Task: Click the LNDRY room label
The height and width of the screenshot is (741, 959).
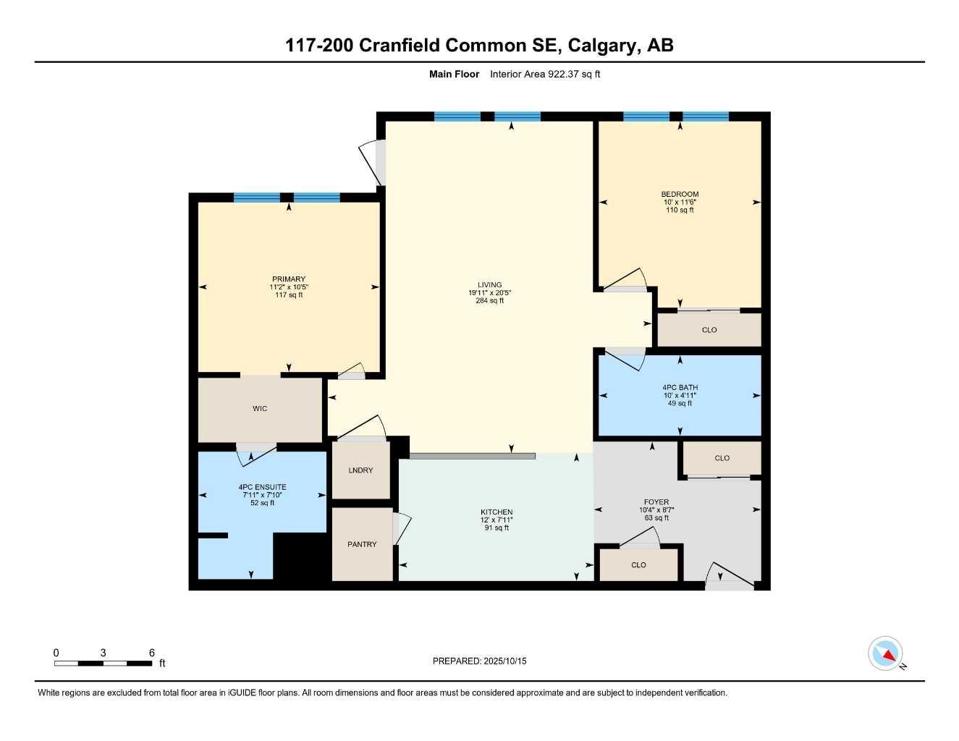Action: [360, 470]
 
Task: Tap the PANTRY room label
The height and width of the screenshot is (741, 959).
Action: [362, 544]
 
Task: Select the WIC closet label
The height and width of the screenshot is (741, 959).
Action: [260, 409]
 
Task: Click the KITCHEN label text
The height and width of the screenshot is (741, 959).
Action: [497, 512]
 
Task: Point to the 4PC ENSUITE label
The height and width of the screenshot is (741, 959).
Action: [262, 487]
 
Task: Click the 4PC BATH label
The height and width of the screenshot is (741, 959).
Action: [680, 388]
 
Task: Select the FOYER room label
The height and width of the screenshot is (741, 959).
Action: [656, 502]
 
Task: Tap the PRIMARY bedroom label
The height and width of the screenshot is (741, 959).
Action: [289, 279]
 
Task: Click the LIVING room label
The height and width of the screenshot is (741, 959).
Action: [489, 285]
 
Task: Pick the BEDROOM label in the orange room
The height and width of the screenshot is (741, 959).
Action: [680, 194]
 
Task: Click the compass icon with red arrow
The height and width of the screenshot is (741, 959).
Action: [885, 653]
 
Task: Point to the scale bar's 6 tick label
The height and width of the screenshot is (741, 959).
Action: [152, 653]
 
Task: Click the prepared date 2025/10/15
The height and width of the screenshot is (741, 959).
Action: [505, 661]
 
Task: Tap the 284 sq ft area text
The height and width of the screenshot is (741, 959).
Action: [489, 301]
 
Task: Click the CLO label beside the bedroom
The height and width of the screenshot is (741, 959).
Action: [709, 330]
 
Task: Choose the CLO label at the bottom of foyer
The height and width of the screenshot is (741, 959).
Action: [638, 565]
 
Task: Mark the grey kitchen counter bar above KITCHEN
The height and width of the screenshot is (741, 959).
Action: [472, 456]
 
